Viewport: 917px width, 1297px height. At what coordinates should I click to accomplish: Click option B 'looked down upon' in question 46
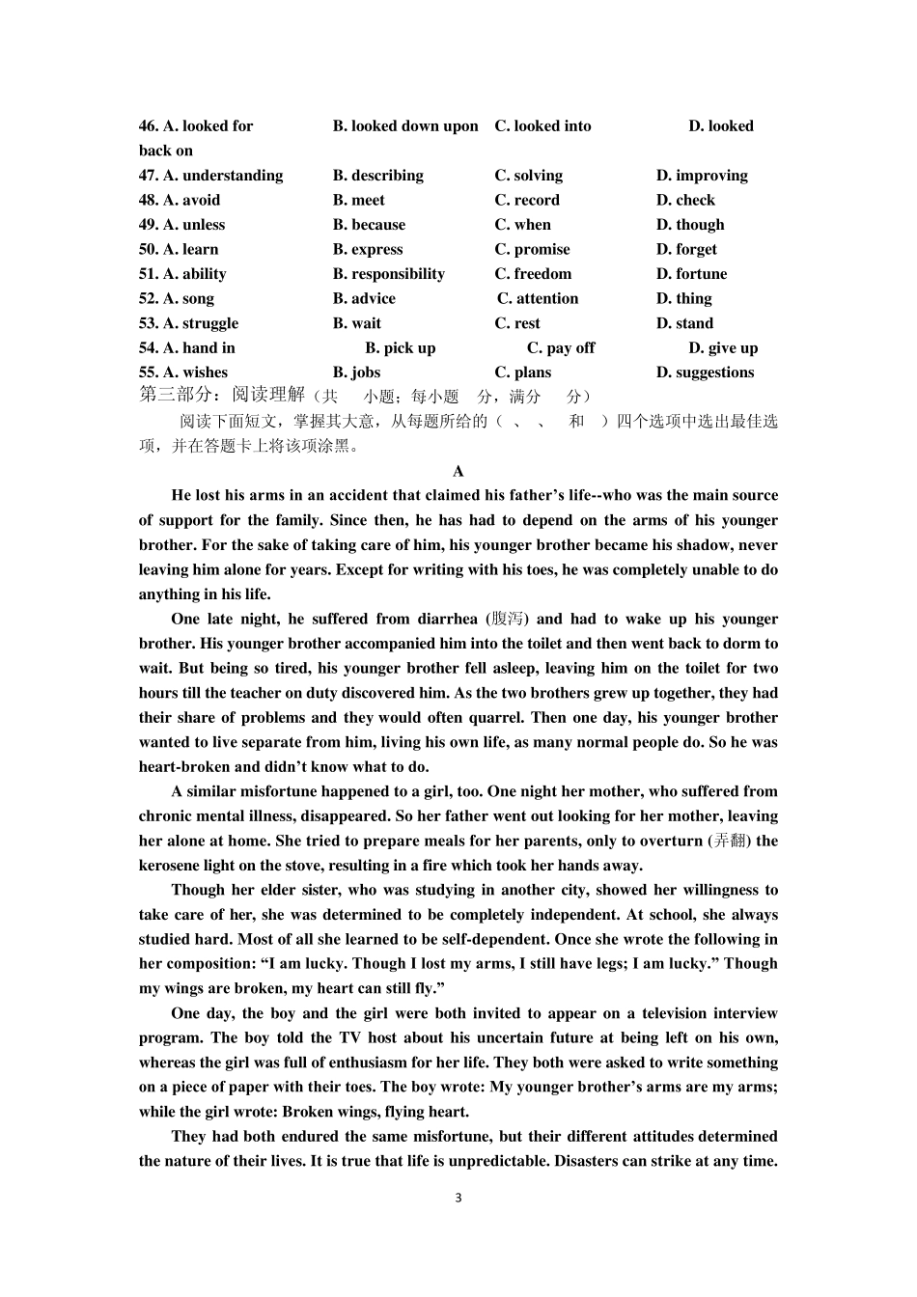pos(405,126)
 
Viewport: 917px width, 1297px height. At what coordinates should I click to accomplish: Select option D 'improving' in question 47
pos(702,176)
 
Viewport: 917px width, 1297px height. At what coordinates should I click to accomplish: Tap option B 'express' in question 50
pos(368,250)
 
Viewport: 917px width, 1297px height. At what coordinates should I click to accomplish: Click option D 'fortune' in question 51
pos(691,274)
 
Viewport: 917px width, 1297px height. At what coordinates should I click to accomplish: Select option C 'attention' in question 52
pos(538,299)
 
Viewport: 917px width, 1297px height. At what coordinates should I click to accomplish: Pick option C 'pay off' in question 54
pos(561,348)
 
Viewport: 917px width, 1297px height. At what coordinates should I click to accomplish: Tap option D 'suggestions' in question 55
pos(705,373)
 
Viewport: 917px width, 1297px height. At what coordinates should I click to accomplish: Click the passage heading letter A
pos(458,472)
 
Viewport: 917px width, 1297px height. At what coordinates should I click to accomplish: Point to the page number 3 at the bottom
pos(458,1199)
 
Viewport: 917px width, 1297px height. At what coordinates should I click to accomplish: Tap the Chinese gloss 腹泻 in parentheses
pos(508,620)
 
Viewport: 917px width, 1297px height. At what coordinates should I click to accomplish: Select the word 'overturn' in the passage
pos(672,842)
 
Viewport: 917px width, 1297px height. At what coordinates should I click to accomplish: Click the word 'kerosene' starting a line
pos(169,866)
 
